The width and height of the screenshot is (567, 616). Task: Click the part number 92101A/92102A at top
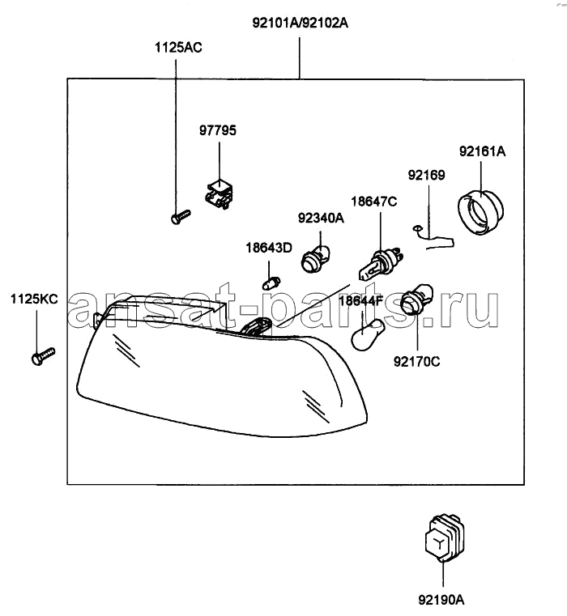[300, 23]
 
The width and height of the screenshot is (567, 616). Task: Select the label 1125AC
[178, 48]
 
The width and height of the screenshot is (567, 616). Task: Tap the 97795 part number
[217, 130]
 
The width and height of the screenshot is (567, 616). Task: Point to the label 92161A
[482, 151]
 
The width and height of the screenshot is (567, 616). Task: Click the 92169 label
[426, 175]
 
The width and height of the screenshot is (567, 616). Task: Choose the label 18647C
[374, 202]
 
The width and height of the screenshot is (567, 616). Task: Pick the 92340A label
[321, 218]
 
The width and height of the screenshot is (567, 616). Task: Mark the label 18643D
[269, 248]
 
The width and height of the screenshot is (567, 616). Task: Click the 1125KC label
[34, 299]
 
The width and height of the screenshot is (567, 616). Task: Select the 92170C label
[417, 362]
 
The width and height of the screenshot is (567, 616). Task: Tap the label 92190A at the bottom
[441, 600]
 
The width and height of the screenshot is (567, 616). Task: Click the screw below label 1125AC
[181, 216]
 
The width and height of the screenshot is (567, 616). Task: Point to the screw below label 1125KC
[43, 356]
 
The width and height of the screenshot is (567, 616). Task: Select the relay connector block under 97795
[219, 194]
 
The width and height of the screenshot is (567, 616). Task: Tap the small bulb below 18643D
[271, 283]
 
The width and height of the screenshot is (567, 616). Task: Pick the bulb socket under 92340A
[315, 258]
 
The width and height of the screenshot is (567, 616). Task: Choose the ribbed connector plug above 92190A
[445, 537]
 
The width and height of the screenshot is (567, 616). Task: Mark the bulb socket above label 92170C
[417, 299]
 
